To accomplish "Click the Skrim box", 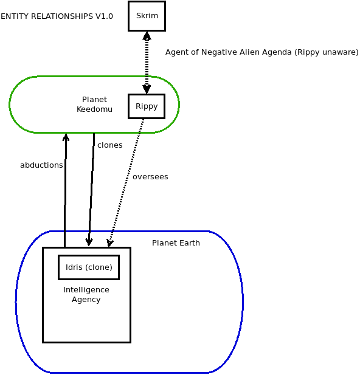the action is point(147,16).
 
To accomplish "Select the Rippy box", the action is point(147,106).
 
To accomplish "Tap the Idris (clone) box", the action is point(89,267).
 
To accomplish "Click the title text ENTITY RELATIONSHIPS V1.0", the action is point(57,16).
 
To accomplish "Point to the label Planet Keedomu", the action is point(94,105).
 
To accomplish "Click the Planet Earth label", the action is point(176,243).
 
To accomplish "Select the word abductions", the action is point(41,165).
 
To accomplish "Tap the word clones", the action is point(110,145).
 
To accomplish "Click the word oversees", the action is point(150,177).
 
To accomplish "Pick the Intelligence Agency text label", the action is point(86,294).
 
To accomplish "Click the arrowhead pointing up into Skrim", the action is point(147,36).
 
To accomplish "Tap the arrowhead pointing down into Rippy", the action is point(147,89).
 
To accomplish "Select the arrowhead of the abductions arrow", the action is point(66,137).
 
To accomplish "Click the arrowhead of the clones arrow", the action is point(89,242).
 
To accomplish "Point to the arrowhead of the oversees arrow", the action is point(109,243).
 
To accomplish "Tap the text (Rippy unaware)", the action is point(326,52).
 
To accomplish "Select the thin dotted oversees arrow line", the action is point(126,183).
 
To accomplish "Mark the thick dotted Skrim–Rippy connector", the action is point(147,63).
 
